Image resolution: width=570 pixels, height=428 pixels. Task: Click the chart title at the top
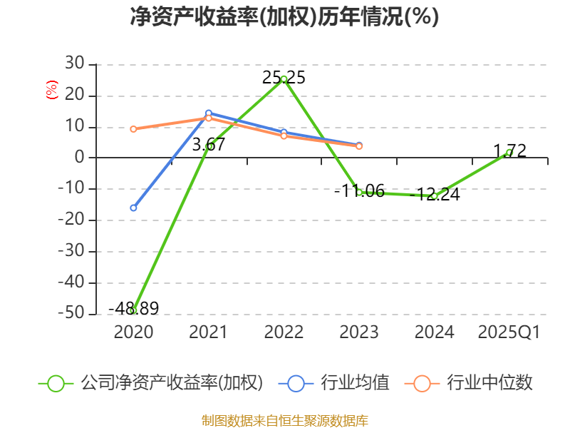coord(284,16)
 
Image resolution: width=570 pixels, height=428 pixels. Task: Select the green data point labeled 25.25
coord(284,78)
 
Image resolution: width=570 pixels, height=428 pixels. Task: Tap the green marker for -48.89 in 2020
coord(133,310)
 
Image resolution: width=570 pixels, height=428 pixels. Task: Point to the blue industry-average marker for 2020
coord(133,208)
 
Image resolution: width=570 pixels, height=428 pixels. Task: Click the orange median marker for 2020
coord(133,129)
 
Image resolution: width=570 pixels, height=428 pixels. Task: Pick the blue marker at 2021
coord(209,113)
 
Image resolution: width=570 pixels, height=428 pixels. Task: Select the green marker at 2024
coord(434,195)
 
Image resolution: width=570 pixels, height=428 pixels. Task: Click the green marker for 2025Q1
coord(509,153)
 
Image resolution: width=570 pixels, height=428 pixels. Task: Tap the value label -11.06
coord(359,190)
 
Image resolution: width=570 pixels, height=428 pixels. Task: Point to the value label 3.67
coord(209,145)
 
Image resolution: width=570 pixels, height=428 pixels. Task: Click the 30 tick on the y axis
coord(75,63)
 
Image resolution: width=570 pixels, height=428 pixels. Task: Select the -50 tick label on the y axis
coord(71,313)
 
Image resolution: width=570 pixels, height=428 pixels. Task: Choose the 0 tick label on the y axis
coord(80,157)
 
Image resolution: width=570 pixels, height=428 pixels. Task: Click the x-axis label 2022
coord(284,332)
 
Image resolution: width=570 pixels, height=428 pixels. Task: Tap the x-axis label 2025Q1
coord(509,332)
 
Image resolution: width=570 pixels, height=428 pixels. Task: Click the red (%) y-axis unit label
coord(51,90)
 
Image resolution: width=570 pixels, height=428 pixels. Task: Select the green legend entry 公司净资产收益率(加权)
coord(150,383)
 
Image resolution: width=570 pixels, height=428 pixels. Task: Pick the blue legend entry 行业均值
coord(333,383)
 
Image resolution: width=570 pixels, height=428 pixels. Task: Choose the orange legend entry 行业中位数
coord(469,383)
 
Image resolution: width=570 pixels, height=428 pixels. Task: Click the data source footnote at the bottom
coord(284,421)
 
